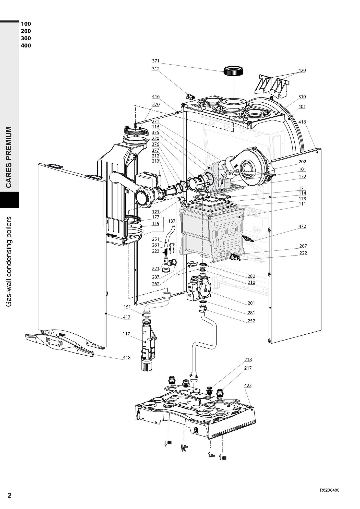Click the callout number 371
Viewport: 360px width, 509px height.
155,61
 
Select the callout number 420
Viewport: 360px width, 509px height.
302,70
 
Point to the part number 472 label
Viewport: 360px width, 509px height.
302,226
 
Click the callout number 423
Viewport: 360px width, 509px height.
248,385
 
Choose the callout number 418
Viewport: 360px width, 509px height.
127,358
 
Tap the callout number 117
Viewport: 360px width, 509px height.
126,334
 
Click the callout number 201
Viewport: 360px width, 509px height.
251,303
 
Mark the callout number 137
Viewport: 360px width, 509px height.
172,221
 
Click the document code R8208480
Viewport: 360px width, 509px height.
330,490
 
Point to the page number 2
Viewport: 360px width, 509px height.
9,495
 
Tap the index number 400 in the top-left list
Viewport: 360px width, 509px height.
26,45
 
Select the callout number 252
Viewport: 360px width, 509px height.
251,321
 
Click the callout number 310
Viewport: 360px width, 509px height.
302,97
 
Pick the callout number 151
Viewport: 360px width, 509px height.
127,307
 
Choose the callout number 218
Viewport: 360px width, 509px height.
248,359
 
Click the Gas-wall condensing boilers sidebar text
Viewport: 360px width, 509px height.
9,262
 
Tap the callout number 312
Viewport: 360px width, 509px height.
155,69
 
